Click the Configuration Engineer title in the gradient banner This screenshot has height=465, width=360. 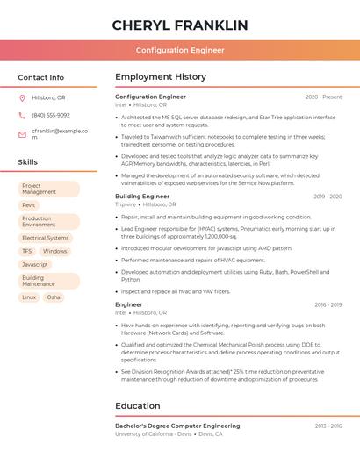coord(180,50)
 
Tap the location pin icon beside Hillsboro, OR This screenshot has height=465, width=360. coord(22,98)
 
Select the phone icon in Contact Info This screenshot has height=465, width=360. coord(22,115)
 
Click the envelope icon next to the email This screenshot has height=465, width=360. coord(22,133)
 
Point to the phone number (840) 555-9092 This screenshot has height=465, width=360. coord(51,115)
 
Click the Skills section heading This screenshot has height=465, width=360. coord(28,162)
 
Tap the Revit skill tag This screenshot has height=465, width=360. coord(29,205)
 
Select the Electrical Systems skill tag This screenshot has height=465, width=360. coord(45,238)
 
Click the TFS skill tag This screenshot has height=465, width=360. coord(26,251)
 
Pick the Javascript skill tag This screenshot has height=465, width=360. coord(35,264)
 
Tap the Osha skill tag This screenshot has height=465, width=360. coord(54,297)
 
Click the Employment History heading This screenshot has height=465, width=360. coord(161,77)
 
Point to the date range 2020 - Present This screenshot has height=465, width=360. coord(323,97)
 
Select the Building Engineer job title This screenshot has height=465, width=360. coord(142,197)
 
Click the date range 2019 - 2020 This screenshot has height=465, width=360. coord(328,197)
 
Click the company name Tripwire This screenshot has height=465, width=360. coord(126,204)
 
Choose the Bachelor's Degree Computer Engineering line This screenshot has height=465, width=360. coord(177,426)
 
